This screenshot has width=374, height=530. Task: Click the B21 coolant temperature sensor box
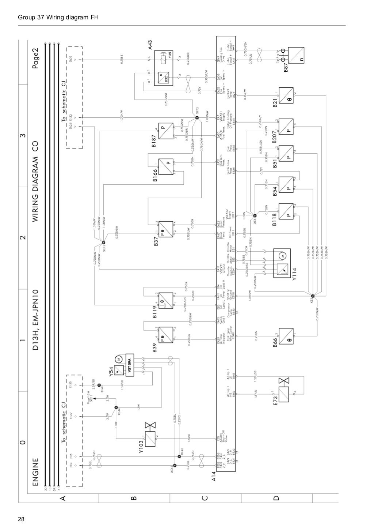tap(286, 95)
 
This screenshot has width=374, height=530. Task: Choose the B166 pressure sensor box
tap(165, 167)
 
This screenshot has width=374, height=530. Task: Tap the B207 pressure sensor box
tap(286, 125)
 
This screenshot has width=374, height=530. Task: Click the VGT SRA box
tap(130, 365)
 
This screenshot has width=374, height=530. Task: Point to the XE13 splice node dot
tap(103, 243)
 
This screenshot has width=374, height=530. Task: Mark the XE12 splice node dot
tap(197, 118)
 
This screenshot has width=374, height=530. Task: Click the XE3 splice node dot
tap(313, 296)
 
